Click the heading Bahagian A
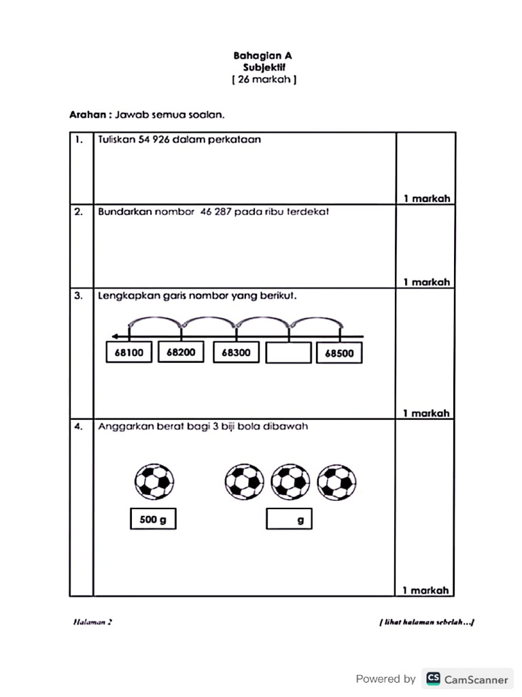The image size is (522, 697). pos(263,56)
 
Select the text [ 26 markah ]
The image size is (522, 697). pos(264,80)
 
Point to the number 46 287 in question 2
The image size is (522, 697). pos(216,212)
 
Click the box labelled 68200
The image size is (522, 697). pos(181,353)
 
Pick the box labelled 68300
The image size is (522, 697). pos(236,353)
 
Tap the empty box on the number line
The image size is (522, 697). pos(288,353)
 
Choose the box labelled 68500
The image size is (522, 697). pos(339,353)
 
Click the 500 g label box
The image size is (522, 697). pos(153,520)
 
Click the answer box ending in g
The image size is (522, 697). pos(289,520)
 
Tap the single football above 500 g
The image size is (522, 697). pos(154,483)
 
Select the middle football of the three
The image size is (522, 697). pos(290,483)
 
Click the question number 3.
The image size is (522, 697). pos(79,296)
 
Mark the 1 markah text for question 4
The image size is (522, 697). pos(426,590)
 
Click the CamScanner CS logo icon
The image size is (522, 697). pos(433,679)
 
